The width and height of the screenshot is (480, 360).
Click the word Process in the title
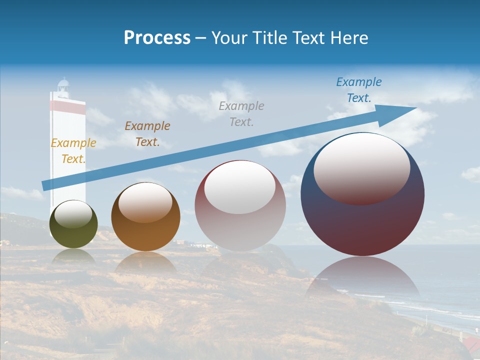tap(157, 38)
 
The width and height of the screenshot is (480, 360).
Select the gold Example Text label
tap(73, 151)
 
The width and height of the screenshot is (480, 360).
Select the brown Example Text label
tap(147, 134)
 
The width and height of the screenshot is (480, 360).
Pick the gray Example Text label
tap(241, 113)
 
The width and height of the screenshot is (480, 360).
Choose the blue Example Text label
tap(359, 90)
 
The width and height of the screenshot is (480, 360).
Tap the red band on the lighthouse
tap(67, 107)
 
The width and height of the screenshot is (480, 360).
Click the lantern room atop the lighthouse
tap(63, 86)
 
